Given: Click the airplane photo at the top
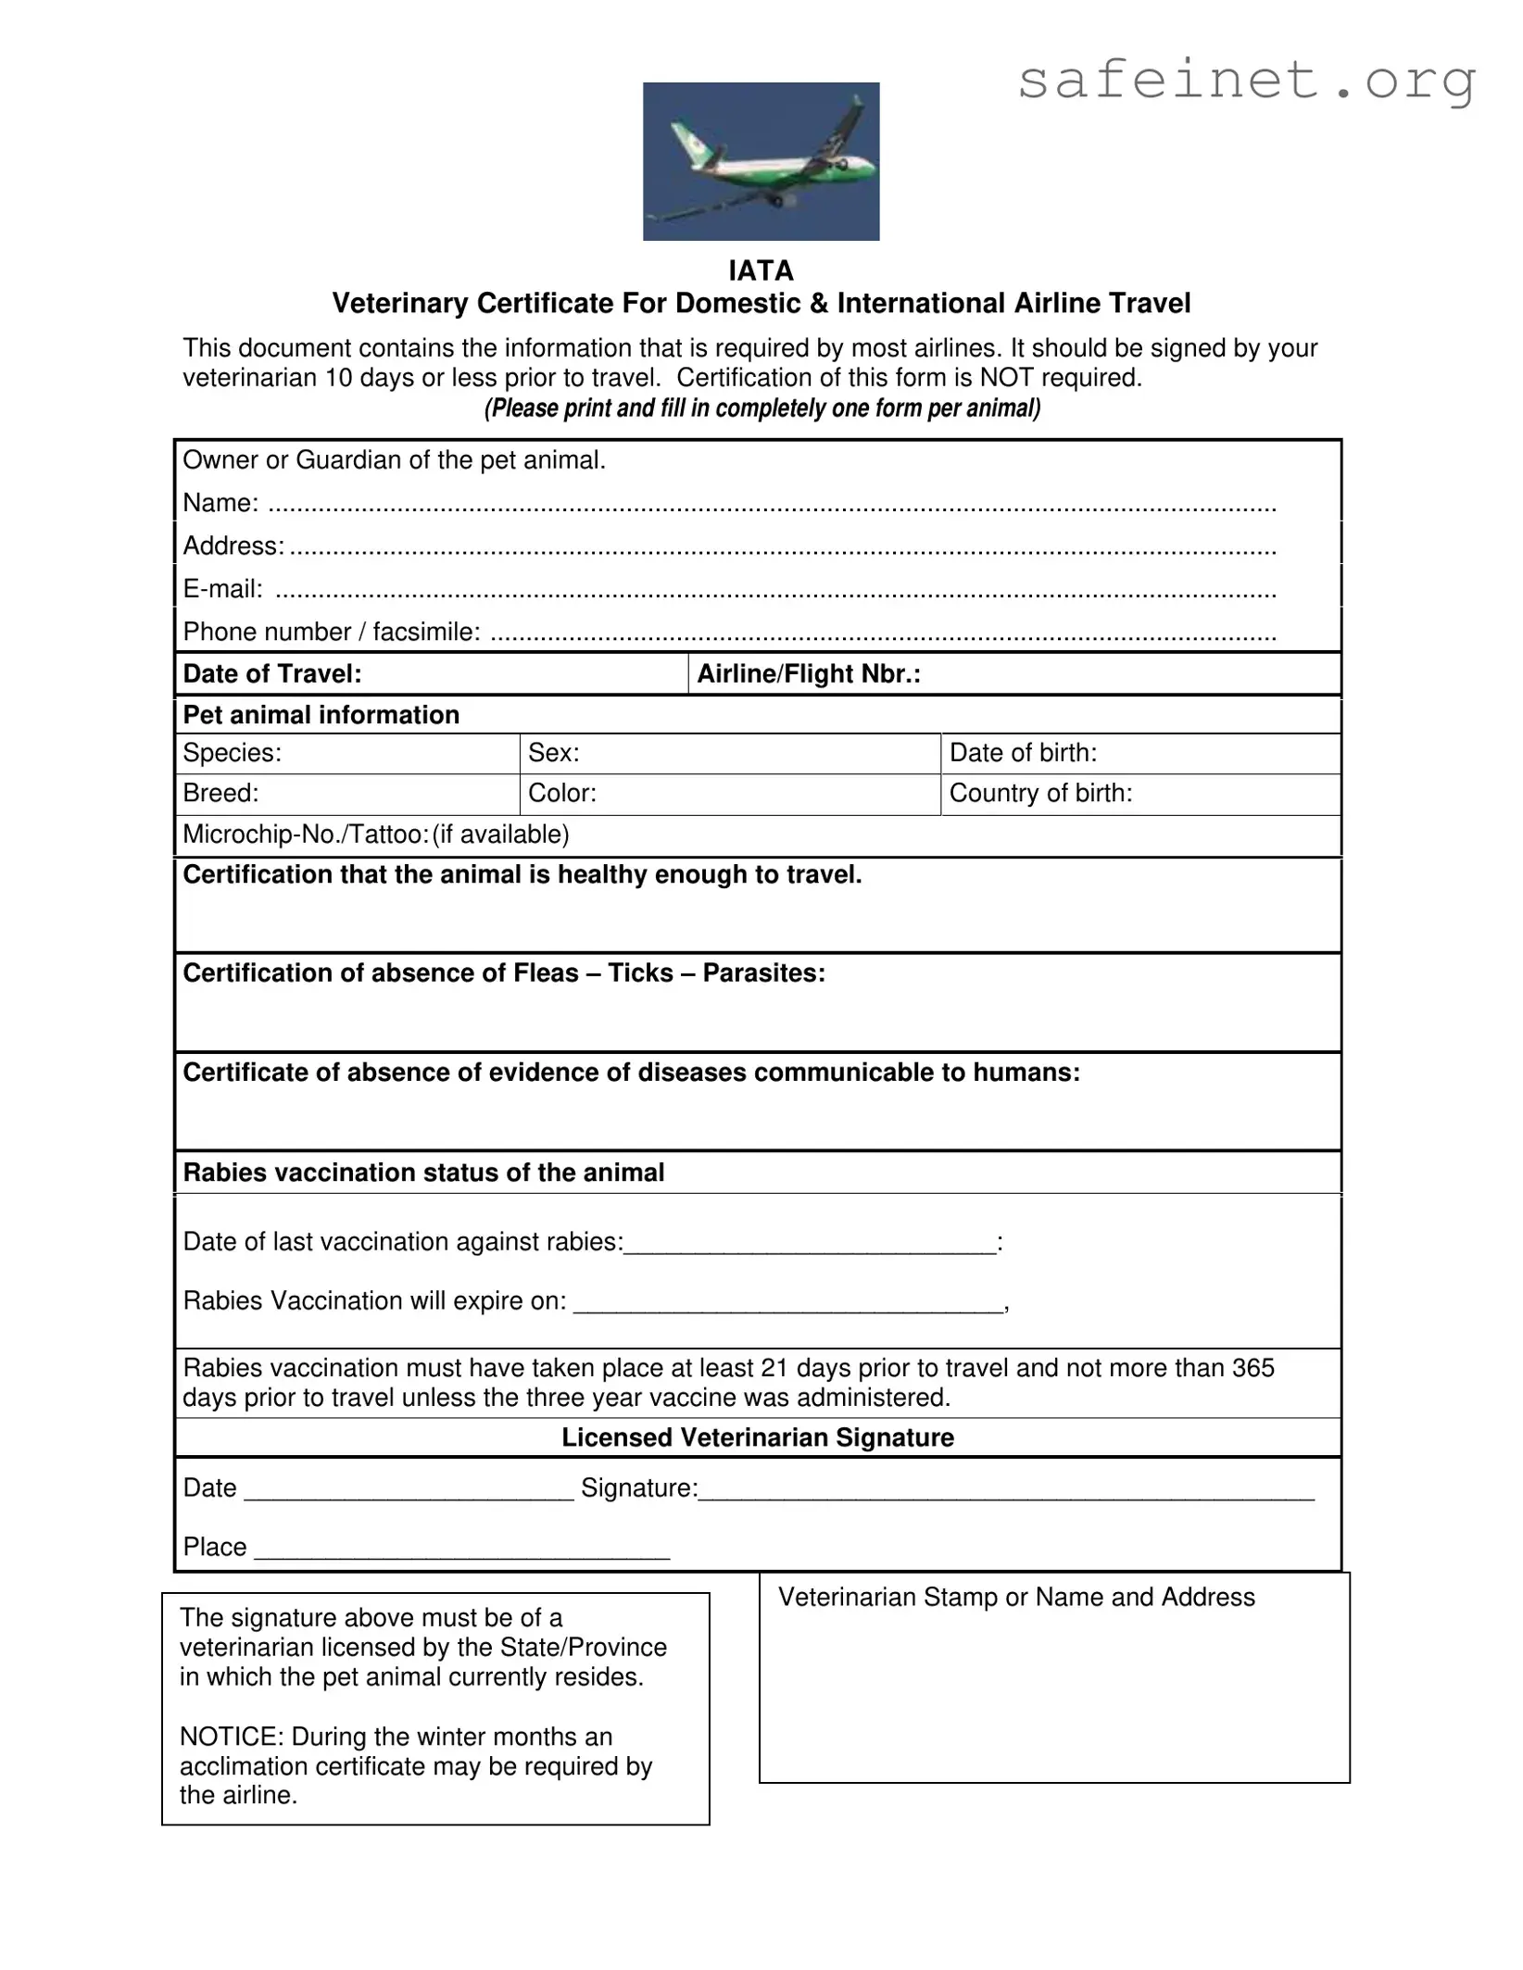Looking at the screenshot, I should pyautogui.click(x=761, y=161).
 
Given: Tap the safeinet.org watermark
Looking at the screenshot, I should pyautogui.click(x=1245, y=81).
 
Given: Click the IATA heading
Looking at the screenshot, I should pyautogui.click(x=761, y=270).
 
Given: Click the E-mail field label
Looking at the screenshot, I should pyautogui.click(x=222, y=589).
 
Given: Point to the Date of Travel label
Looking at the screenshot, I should pyautogui.click(x=272, y=674).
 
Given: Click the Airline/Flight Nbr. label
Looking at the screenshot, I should pyautogui.click(x=809, y=674).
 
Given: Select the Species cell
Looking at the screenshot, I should pyautogui.click(x=346, y=753).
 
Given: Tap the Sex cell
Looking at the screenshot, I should pyautogui.click(x=729, y=753).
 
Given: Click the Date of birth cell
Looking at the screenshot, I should pyautogui.click(x=1139, y=753).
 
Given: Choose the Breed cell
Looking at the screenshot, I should pyautogui.click(x=346, y=794).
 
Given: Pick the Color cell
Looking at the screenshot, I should pyautogui.click(x=729, y=794).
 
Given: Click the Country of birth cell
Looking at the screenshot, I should pyautogui.click(x=1139, y=794).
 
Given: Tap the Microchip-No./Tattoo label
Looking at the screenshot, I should pyautogui.click(x=306, y=834).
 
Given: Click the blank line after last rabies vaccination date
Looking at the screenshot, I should pyautogui.click(x=810, y=1244).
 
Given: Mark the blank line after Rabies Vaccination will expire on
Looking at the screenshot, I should pyautogui.click(x=787, y=1303).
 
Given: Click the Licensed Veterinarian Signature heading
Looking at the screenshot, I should pyautogui.click(x=757, y=1437).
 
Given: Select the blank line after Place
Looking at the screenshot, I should pyautogui.click(x=461, y=1550).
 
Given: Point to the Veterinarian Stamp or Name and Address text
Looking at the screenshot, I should pyautogui.click(x=1016, y=1597).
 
